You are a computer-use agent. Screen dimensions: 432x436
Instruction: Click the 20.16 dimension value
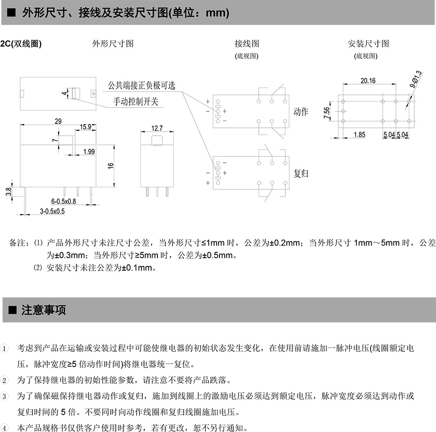(368, 81)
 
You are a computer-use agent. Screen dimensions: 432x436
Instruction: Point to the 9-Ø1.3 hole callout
(416, 79)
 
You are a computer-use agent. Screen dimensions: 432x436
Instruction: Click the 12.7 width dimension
(157, 128)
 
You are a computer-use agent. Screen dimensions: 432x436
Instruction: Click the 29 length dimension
(58, 122)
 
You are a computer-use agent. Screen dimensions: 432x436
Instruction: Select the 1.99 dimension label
(89, 152)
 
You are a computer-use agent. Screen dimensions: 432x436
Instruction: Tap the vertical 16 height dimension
(111, 165)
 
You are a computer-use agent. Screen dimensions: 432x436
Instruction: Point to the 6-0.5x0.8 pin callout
(63, 201)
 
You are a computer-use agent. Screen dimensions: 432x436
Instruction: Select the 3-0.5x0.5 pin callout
(52, 212)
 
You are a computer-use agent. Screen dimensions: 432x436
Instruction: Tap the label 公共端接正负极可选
(141, 86)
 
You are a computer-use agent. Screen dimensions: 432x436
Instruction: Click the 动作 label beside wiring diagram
(301, 111)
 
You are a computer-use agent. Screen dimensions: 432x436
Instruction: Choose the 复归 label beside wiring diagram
(301, 173)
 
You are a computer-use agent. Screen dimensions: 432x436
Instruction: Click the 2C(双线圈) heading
(21, 44)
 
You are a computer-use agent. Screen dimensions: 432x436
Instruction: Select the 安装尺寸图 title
(368, 44)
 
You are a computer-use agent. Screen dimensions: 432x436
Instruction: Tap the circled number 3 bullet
(5, 396)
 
